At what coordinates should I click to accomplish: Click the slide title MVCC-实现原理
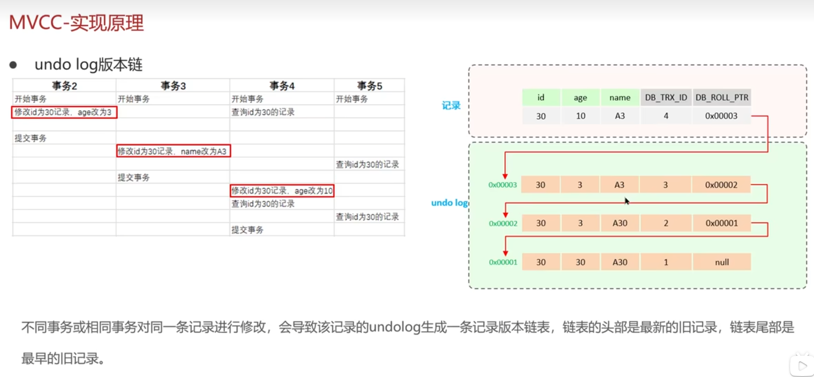[x=76, y=23]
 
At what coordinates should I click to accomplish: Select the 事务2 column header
[x=64, y=86]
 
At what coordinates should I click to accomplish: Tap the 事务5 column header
[x=370, y=86]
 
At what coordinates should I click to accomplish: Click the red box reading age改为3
[x=64, y=112]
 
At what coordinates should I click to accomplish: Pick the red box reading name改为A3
[x=173, y=151]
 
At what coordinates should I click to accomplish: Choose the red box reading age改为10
[x=282, y=191]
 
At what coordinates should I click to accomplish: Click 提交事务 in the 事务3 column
[x=134, y=177]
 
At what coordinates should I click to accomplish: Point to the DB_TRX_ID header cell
[x=666, y=98]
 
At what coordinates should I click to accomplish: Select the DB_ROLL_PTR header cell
[x=722, y=98]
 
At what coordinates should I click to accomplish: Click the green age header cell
[x=580, y=98]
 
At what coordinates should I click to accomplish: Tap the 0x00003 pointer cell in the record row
[x=721, y=116]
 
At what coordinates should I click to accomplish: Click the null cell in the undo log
[x=722, y=262]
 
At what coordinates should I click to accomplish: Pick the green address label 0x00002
[x=503, y=224]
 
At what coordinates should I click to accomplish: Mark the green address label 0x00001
[x=503, y=262]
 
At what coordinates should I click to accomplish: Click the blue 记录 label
[x=451, y=105]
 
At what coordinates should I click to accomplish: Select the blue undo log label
[x=449, y=203]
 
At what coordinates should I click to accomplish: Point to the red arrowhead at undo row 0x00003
[x=505, y=176]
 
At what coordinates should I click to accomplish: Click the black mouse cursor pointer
[x=626, y=201]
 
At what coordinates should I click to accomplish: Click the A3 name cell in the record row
[x=620, y=116]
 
